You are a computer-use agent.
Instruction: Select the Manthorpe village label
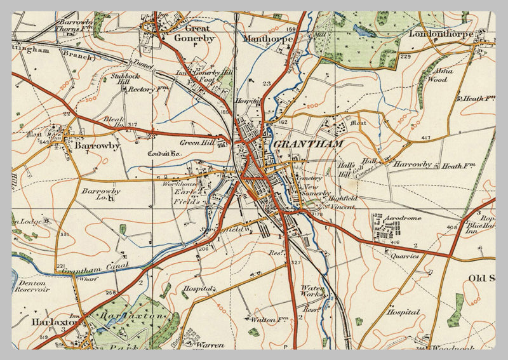(x=268, y=39)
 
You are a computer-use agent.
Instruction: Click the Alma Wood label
(x=441, y=76)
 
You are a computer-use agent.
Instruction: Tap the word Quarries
(x=404, y=256)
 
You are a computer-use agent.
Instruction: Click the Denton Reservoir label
(x=33, y=285)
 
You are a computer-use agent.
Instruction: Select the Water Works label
(x=312, y=291)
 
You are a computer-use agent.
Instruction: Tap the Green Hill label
(x=197, y=142)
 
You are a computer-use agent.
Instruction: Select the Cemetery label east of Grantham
(x=309, y=178)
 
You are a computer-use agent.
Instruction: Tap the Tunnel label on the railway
(x=138, y=63)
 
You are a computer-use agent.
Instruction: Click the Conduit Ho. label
(x=164, y=153)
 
